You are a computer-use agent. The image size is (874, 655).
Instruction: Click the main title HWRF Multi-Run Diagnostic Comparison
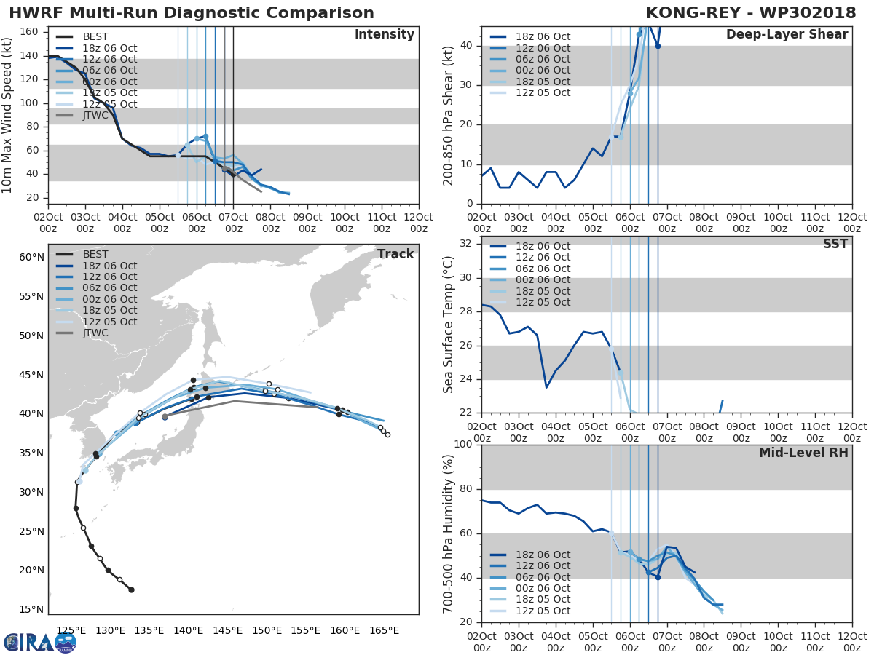point(192,13)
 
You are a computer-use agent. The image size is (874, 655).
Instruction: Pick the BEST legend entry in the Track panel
point(95,254)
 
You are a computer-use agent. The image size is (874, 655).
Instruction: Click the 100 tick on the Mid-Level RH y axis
point(463,445)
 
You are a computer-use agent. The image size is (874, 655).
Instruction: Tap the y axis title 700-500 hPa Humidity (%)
point(449,533)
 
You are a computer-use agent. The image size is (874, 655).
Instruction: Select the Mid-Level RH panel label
point(803,453)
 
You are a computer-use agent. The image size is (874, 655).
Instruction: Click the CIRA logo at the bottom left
point(40,642)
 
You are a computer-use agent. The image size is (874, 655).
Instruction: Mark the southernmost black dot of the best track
point(131,589)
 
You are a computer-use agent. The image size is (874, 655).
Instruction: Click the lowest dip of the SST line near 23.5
point(546,386)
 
